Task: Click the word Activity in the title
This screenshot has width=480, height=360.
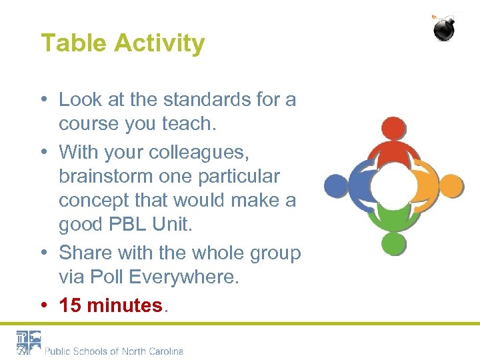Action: click(x=159, y=44)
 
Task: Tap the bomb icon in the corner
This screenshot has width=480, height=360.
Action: click(x=445, y=28)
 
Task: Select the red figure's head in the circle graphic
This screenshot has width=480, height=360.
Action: click(x=393, y=128)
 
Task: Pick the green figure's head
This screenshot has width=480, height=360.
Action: click(x=393, y=243)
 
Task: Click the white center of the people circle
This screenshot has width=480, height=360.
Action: click(x=393, y=185)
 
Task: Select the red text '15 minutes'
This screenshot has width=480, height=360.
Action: click(x=111, y=305)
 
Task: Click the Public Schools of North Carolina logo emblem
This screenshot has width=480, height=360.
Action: click(x=29, y=343)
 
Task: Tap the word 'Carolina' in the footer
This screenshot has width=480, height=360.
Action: click(x=164, y=351)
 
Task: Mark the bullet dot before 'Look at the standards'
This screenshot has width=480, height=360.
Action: click(x=43, y=100)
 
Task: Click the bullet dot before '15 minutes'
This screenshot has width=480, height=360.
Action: click(x=43, y=305)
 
